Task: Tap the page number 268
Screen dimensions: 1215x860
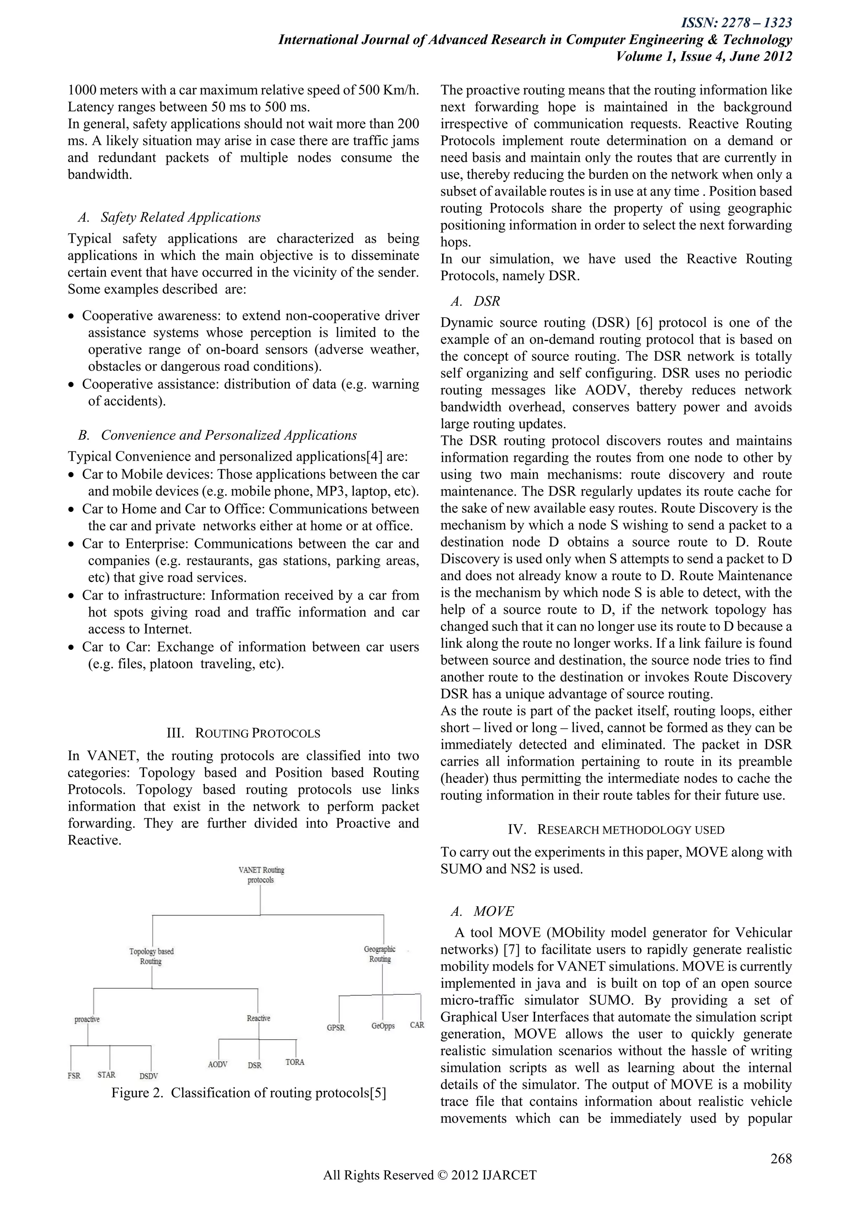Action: [781, 1158]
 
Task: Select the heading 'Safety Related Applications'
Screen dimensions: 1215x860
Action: [181, 217]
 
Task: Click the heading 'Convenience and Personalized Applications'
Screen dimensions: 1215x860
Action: [229, 435]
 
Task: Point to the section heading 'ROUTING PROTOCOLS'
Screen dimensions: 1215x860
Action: [257, 733]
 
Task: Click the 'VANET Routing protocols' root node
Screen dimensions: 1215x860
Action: [261, 875]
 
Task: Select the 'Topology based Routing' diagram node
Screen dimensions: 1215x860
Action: [152, 956]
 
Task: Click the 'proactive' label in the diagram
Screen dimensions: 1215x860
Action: [87, 1019]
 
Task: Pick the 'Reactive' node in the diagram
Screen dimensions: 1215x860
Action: [258, 1018]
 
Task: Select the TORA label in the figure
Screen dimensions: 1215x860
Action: [295, 1062]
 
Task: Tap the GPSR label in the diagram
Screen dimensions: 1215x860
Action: [336, 1027]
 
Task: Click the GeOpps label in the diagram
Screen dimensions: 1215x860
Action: [383, 1025]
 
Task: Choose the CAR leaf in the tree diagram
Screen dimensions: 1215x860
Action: [417, 1025]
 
